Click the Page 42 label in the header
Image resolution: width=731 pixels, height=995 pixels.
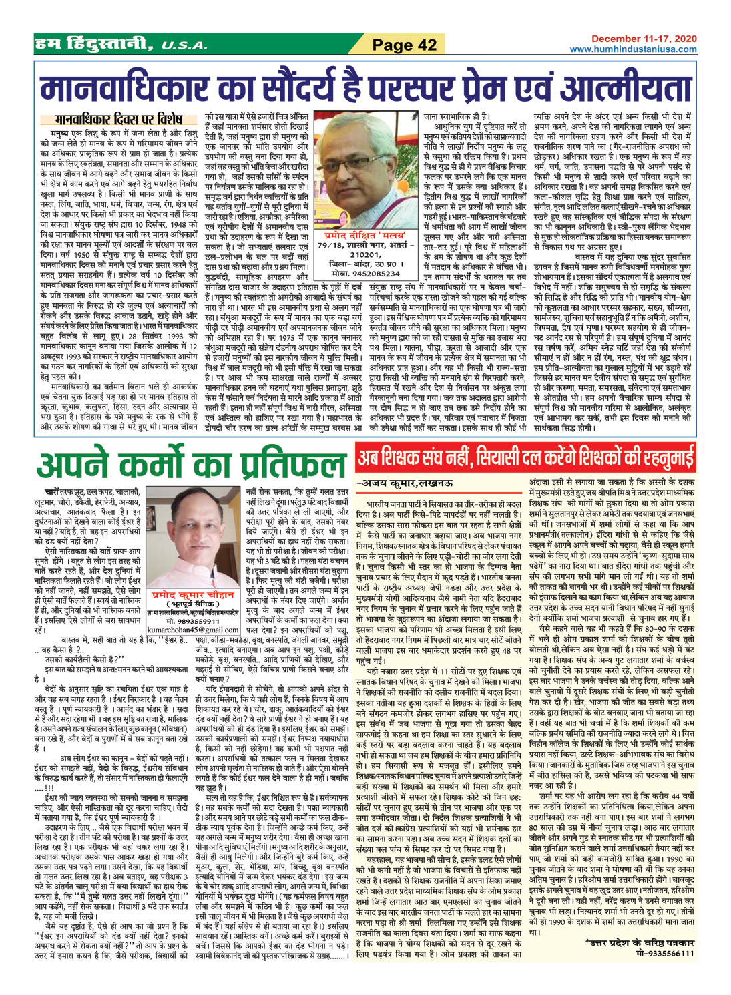(404, 45)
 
